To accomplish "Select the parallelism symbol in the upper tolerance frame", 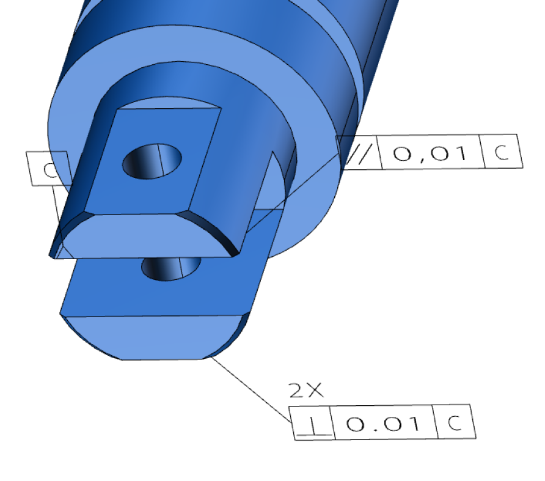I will pos(359,152).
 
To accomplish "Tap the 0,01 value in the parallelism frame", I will pos(430,152).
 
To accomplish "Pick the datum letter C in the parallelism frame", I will pos(502,152).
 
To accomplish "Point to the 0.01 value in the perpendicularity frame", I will pos(382,422).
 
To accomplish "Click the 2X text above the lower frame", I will pos(305,391).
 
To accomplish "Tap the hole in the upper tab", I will pos(152,161).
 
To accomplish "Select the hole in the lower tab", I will pos(171,267).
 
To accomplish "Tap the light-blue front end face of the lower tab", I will pos(153,336).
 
